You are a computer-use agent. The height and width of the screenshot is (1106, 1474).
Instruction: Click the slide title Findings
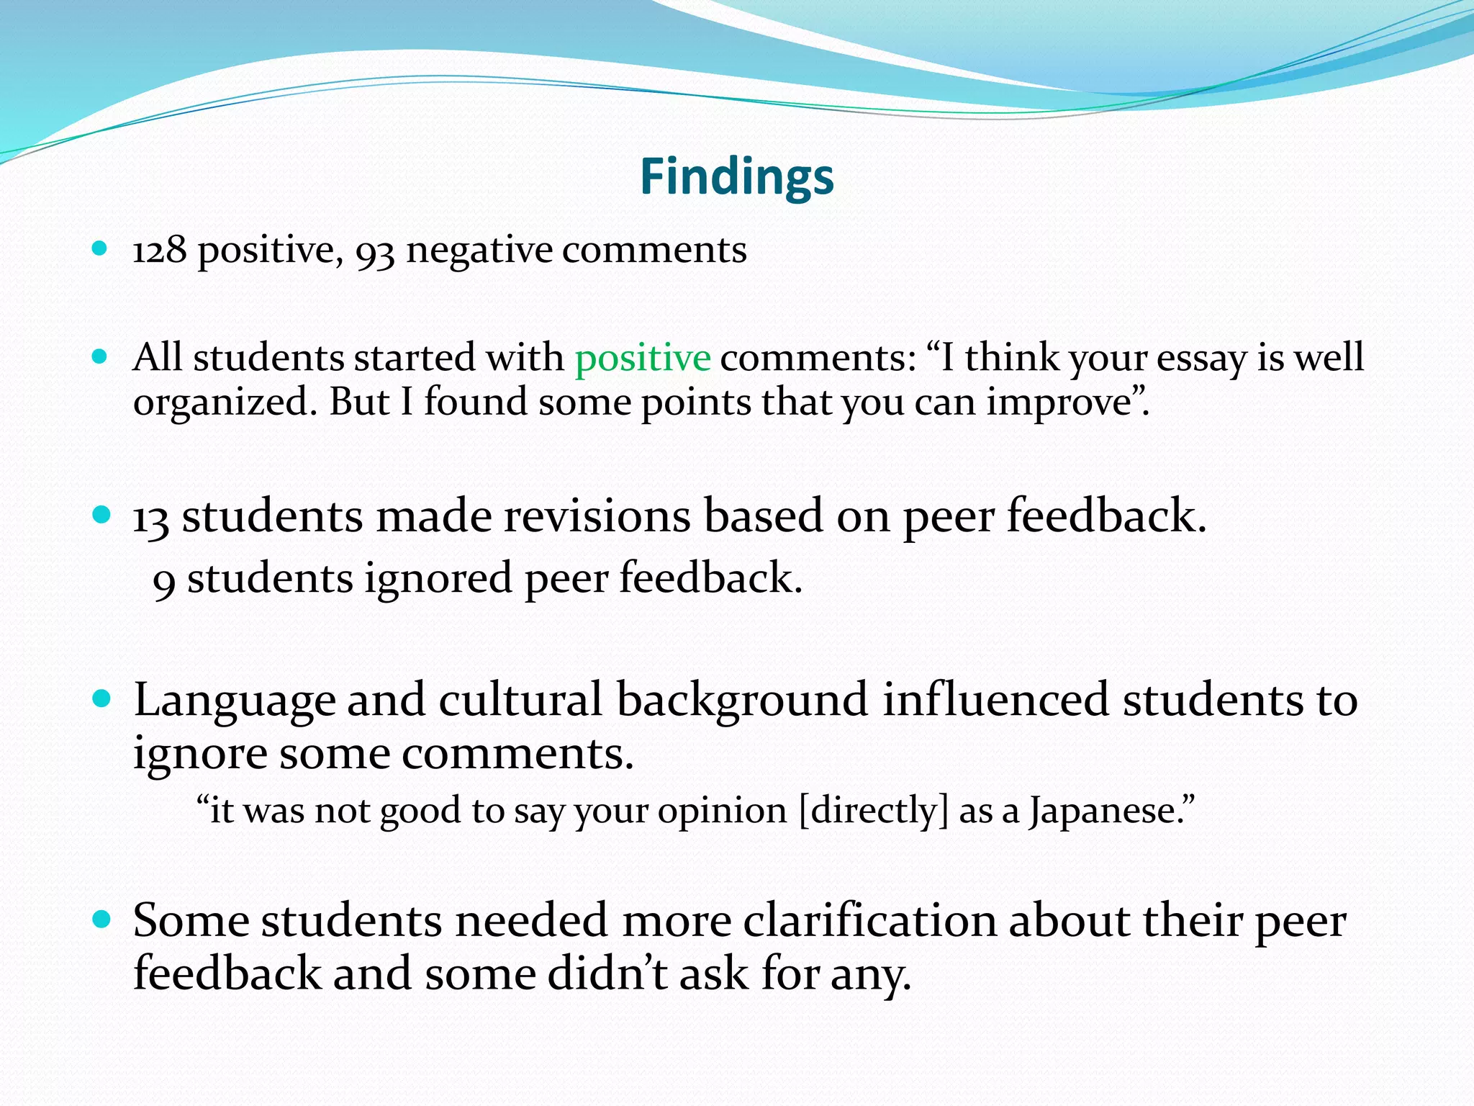click(x=736, y=177)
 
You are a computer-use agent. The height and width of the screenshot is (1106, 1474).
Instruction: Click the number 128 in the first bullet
click(x=160, y=251)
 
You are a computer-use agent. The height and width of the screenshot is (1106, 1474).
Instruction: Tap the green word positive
click(x=643, y=358)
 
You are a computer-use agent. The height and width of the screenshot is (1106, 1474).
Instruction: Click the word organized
click(x=224, y=403)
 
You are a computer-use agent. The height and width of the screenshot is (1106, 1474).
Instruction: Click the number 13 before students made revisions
click(x=151, y=518)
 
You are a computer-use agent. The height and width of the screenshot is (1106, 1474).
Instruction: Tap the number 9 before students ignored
click(x=164, y=580)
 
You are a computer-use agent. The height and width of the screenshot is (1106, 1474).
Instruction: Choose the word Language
click(x=235, y=701)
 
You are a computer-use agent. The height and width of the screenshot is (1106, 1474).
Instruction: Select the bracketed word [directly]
click(x=874, y=811)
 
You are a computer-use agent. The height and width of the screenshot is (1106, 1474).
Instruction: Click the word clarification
click(x=869, y=921)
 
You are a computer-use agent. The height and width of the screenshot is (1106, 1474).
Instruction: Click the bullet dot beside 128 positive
click(x=100, y=249)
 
